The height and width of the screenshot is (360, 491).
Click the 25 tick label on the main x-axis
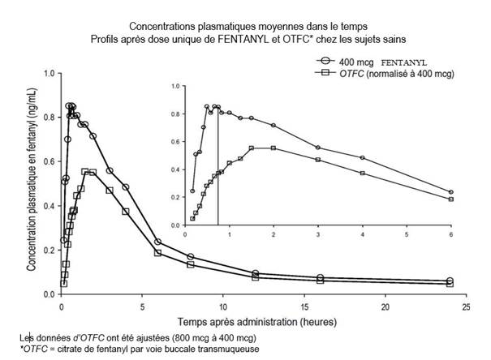coord(466,306)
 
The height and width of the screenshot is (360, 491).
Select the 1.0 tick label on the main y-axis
coord(50,73)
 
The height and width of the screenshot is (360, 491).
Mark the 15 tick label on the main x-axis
coord(304,306)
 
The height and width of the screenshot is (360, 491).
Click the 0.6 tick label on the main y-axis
coord(50,161)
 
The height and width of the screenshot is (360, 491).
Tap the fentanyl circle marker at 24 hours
coord(450,281)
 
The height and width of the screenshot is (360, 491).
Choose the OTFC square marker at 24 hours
coord(450,284)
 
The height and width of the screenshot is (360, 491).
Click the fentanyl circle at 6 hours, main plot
coord(158,242)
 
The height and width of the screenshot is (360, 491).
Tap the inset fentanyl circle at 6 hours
coord(450,192)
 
